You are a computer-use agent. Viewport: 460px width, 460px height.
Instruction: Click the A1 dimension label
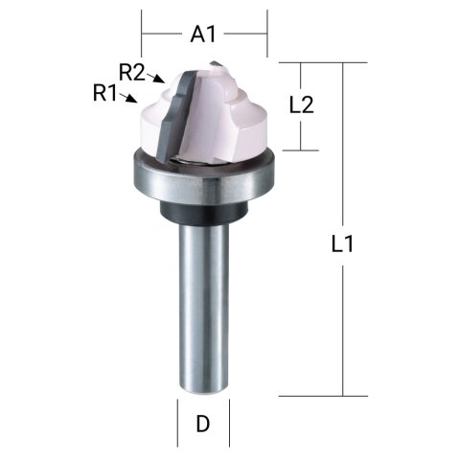coord(203,34)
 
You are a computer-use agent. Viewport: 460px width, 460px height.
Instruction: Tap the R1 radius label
coord(104,93)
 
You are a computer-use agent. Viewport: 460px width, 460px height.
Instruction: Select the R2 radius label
coord(131,71)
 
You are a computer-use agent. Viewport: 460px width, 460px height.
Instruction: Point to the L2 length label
coord(301,105)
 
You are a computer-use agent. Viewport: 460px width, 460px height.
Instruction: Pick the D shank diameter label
coord(203,423)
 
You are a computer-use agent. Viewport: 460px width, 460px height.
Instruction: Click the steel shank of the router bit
coord(203,307)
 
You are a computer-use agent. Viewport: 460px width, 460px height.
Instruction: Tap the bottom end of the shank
coord(203,387)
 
